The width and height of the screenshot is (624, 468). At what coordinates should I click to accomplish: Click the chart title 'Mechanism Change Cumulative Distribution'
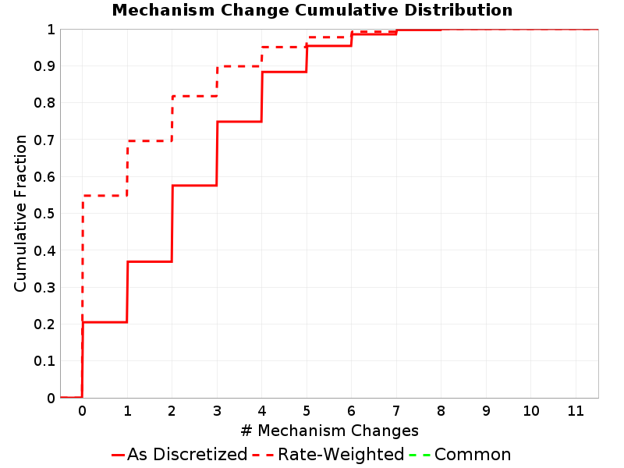click(x=312, y=10)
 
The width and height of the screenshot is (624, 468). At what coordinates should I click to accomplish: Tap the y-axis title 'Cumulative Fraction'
click(x=20, y=213)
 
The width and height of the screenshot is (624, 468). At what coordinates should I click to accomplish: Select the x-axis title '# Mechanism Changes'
click(x=329, y=431)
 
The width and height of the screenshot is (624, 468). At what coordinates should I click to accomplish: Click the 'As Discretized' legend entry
click(x=179, y=455)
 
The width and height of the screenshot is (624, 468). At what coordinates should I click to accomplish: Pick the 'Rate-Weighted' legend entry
click(x=328, y=455)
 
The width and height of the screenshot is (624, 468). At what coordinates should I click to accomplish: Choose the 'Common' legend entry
click(x=460, y=455)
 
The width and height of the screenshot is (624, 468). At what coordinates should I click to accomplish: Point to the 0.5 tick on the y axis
click(x=44, y=214)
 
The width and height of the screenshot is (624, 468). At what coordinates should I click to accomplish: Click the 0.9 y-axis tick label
click(x=44, y=66)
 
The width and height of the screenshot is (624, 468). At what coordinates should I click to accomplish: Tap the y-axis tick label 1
click(x=51, y=30)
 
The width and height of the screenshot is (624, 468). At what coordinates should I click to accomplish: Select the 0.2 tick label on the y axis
click(x=44, y=324)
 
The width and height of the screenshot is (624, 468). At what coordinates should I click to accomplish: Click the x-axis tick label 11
click(x=576, y=411)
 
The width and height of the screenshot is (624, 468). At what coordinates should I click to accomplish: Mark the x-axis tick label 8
click(x=441, y=411)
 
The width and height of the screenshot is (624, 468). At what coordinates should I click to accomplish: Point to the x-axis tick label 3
click(x=217, y=411)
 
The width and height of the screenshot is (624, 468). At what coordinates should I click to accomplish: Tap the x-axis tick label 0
click(x=83, y=411)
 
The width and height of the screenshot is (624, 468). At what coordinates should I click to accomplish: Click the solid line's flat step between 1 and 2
click(x=150, y=261)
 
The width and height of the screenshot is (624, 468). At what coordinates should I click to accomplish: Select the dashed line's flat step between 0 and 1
click(x=105, y=196)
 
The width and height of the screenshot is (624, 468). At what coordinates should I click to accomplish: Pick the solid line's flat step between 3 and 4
click(x=239, y=122)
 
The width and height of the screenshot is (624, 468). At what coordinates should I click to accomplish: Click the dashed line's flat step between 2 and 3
click(x=194, y=96)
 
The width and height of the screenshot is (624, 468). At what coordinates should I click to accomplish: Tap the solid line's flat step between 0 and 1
click(x=105, y=322)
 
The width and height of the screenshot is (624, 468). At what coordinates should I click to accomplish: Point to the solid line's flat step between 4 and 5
click(x=284, y=72)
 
